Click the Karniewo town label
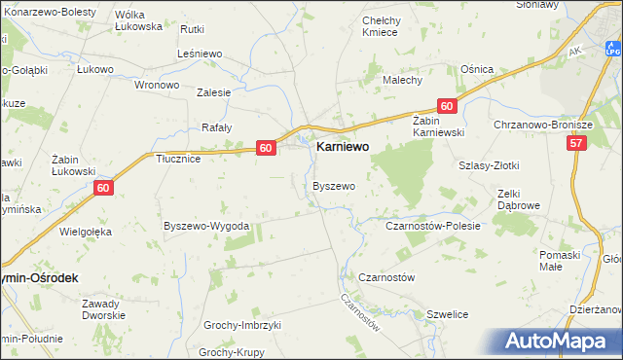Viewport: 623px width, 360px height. coord(345,149)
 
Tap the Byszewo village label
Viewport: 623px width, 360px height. coord(333,185)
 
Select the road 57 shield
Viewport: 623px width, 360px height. coord(578,143)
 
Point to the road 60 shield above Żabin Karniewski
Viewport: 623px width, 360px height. coord(446,106)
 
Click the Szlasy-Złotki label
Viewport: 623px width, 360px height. coord(488,165)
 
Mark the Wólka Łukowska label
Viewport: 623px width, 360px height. coord(138,20)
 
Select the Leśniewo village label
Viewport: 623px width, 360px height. coord(202,54)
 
